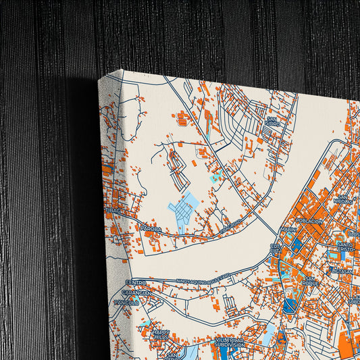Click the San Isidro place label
point(271,121)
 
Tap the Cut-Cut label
point(276,249)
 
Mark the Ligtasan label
point(342,271)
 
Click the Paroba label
point(151,229)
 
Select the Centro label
point(136,282)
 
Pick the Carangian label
point(135,294)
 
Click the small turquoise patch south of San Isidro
point(216,177)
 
